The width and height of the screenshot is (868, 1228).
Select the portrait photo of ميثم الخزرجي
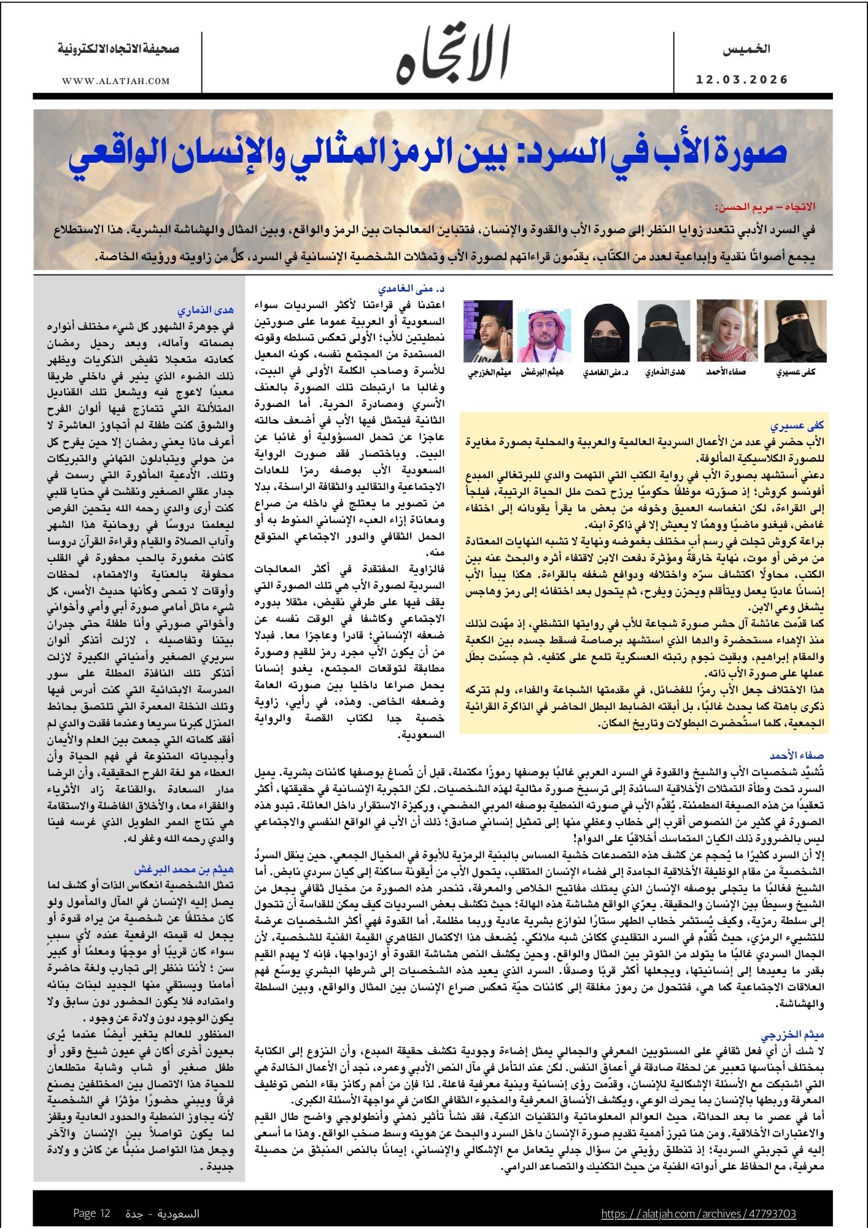[x=488, y=331]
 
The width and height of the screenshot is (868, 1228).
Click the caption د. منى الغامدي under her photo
[x=606, y=373]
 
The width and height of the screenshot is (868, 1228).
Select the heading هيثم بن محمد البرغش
[x=184, y=869]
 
